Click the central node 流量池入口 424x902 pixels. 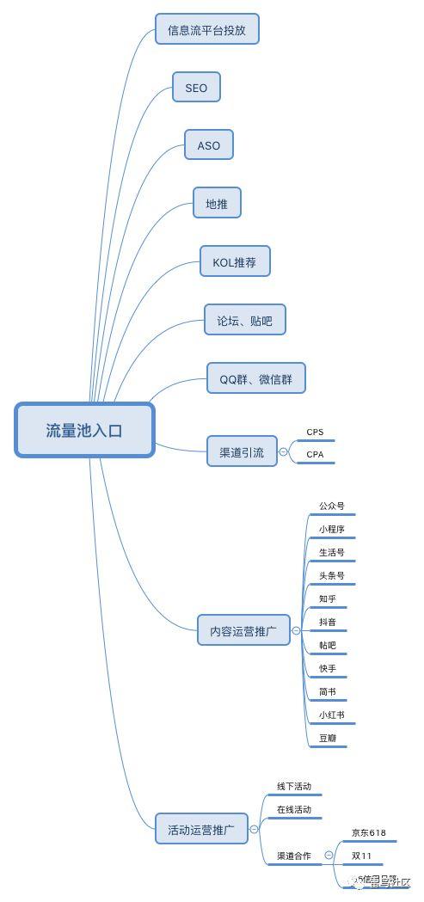(84, 430)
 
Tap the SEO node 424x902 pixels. (196, 88)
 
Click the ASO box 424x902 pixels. (209, 145)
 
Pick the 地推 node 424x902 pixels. (217, 203)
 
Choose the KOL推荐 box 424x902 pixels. (235, 261)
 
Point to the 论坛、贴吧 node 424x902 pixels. (244, 321)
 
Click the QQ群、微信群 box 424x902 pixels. (256, 378)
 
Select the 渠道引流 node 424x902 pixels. (242, 451)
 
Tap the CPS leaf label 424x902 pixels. (315, 433)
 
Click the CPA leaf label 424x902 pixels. (315, 454)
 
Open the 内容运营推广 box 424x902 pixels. (243, 630)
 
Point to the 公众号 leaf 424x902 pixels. (331, 506)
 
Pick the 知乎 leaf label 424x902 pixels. (328, 598)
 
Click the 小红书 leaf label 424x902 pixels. (331, 715)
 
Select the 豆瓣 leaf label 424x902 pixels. (328, 738)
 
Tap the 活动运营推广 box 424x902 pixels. (201, 831)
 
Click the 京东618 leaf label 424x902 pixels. (368, 833)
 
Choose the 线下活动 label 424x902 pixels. (293, 787)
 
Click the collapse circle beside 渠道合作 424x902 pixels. (329, 856)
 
